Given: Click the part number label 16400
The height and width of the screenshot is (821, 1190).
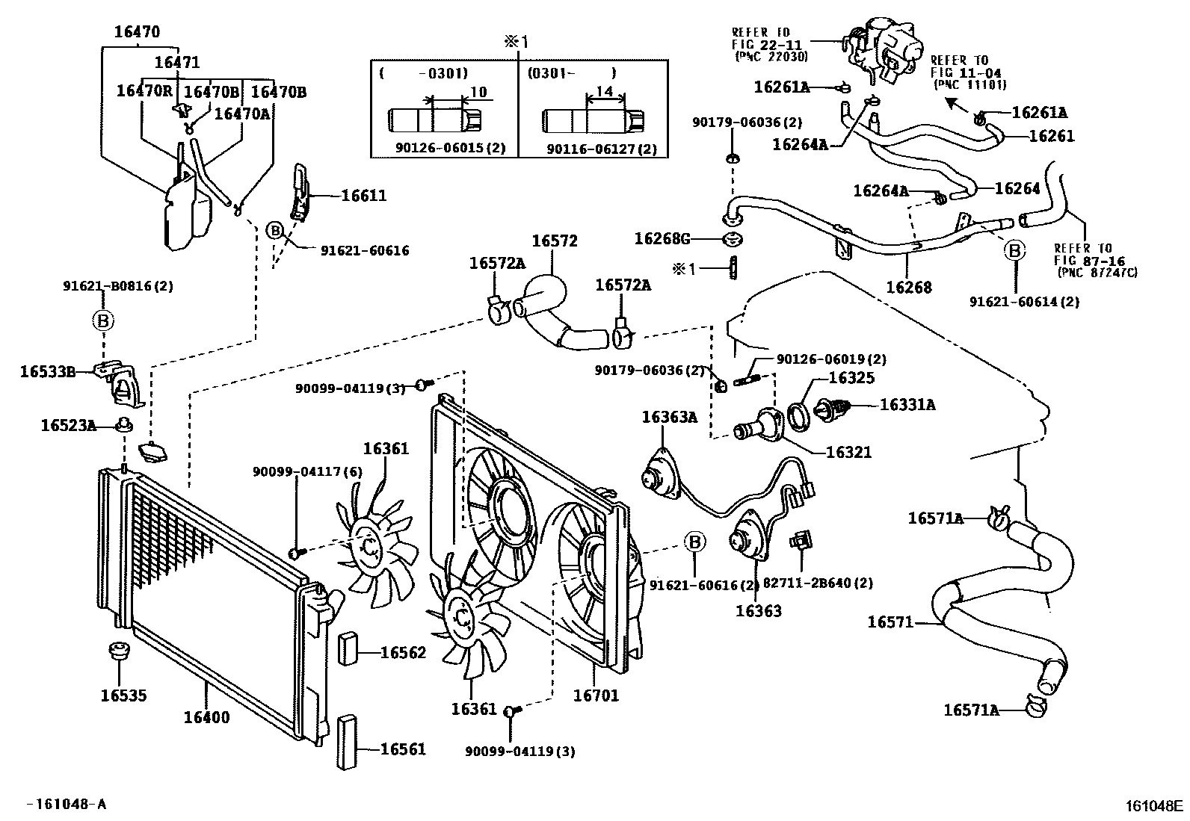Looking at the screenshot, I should (206, 718).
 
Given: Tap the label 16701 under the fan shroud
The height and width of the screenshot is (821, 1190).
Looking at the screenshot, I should (596, 695).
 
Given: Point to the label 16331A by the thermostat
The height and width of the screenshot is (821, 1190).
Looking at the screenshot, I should (907, 405).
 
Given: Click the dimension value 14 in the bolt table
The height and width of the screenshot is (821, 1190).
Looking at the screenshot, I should (605, 92).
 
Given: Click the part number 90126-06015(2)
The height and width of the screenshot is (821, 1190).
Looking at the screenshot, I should (450, 149).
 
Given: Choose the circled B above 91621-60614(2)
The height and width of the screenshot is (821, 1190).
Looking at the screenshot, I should (1015, 251).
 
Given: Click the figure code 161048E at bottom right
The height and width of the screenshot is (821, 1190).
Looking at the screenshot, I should (1154, 805).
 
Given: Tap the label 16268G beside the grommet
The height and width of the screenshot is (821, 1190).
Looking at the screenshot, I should (662, 239).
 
